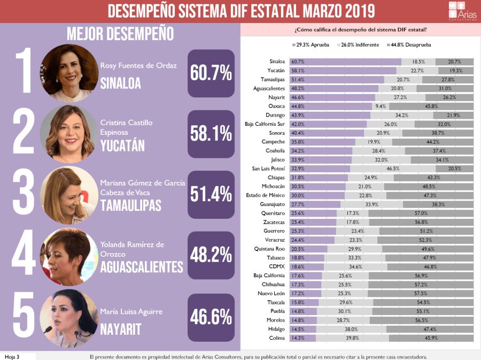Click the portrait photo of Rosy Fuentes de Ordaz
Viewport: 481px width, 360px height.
tap(69, 73)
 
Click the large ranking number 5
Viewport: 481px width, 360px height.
tap(22, 317)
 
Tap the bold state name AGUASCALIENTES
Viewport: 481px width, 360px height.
tap(142, 266)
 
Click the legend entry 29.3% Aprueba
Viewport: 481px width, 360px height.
tap(311, 45)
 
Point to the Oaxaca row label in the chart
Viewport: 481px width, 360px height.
tap(277, 106)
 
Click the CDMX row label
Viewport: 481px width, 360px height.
tap(277, 266)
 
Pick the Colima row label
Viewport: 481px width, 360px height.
tap(277, 338)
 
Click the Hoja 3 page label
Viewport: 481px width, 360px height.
tap(12, 356)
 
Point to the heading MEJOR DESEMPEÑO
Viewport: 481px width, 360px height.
tap(120, 34)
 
